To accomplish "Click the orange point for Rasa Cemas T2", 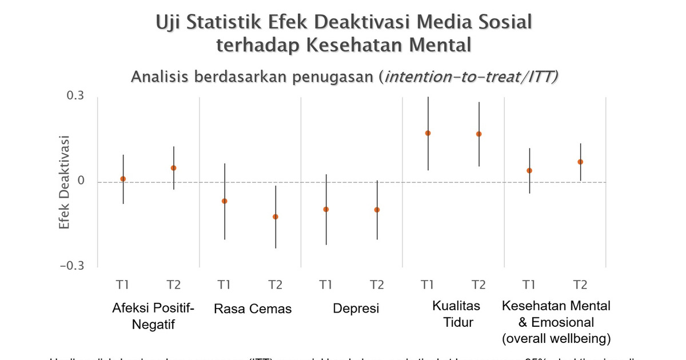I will click(276, 217).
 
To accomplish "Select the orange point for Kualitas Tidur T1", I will click(428, 133).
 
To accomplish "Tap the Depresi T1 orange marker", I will click(326, 209).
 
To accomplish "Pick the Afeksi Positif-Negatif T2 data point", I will click(174, 168).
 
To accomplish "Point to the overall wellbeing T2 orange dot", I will click(580, 162).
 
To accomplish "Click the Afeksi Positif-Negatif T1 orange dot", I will click(123, 179).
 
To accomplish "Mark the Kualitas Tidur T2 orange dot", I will click(479, 134).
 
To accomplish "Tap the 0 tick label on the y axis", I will click(81, 181).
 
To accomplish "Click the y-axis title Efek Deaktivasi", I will click(64, 182).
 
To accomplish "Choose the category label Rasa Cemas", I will click(253, 309).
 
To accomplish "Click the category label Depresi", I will click(356, 309).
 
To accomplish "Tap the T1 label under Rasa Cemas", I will click(224, 284).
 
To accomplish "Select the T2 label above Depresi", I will click(377, 284).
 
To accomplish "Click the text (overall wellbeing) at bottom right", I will click(556, 339).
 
